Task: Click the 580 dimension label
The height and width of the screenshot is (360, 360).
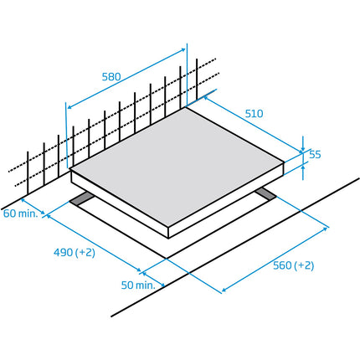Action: [x=111, y=77]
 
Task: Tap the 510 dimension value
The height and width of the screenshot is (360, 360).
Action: [x=254, y=114]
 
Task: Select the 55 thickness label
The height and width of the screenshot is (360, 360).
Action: [x=315, y=154]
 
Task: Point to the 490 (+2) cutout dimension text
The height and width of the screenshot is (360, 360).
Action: [x=75, y=253]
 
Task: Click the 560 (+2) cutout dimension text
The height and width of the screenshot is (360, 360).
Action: [x=293, y=265]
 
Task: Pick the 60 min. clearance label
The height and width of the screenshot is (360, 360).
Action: [x=20, y=213]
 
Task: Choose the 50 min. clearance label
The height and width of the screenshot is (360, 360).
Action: [x=138, y=285]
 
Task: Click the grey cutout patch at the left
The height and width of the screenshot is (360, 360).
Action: [x=82, y=198]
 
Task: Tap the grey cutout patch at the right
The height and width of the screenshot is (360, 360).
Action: [x=265, y=193]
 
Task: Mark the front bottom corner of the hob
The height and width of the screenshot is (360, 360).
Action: [x=168, y=239]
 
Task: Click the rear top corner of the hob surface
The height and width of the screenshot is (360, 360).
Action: [x=185, y=108]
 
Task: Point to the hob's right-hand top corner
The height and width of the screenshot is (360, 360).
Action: [x=285, y=162]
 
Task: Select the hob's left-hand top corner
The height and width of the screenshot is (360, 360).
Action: [x=70, y=169]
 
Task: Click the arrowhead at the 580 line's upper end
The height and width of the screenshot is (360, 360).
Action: [x=183, y=50]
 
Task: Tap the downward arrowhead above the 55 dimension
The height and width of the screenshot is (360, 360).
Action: [x=303, y=151]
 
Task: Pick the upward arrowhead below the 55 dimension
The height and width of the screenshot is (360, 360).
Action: [x=303, y=167]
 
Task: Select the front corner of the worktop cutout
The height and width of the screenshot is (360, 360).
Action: [x=167, y=259]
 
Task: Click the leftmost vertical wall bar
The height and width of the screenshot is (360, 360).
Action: [x=28, y=172]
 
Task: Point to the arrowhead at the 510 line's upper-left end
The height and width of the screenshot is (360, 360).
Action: [x=206, y=98]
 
